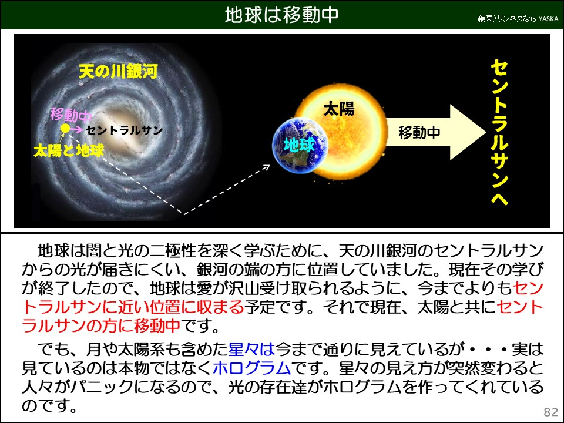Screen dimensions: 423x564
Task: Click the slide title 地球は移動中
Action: [282, 15]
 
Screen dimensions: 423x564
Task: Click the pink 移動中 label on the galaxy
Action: [71, 113]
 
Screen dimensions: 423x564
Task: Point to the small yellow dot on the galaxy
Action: [65, 128]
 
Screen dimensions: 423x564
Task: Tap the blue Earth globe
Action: [298, 145]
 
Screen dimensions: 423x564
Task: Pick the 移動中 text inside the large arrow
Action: [419, 132]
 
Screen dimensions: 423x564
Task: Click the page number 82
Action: [550, 411]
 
